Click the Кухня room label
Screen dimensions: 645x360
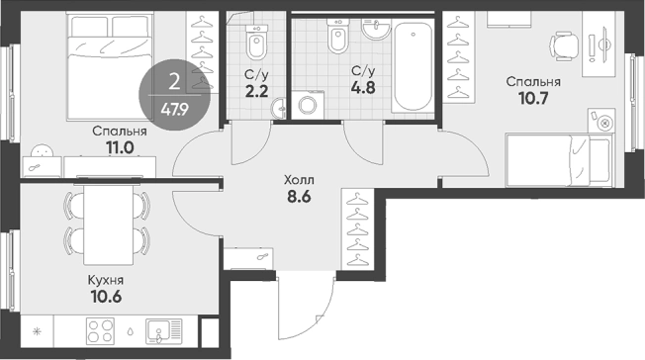106,281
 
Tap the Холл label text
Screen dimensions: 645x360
299,180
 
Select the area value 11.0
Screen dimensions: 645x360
120,147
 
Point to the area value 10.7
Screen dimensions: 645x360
533,99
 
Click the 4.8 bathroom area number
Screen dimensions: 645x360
363,88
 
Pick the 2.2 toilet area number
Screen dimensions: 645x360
256,91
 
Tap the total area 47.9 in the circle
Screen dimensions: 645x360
175,110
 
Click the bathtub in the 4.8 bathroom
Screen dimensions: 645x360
413,66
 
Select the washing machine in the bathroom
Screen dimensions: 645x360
308,105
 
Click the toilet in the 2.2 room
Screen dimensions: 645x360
256,42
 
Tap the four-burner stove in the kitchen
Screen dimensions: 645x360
100,331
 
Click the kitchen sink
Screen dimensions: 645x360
163,331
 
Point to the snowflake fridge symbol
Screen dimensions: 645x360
37,331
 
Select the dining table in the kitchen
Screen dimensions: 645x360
109,225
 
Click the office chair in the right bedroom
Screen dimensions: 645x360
564,46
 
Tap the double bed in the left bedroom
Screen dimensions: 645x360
109,66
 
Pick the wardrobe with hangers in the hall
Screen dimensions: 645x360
358,229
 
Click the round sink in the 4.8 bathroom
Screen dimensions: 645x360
376,29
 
